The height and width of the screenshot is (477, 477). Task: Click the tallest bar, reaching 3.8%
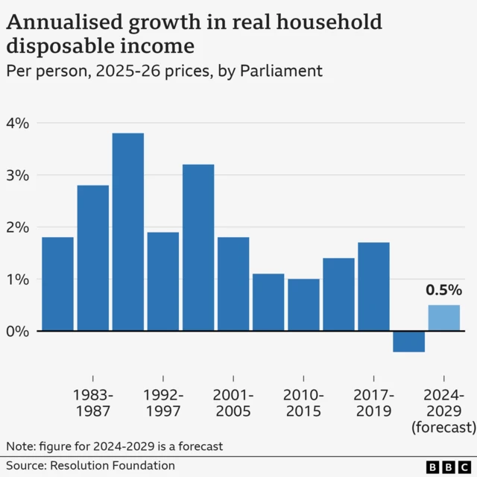127,231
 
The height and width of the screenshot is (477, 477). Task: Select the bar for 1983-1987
92,257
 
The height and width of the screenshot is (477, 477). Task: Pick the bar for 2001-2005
233,283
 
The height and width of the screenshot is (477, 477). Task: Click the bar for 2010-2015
303,304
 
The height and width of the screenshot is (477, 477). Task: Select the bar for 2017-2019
373,286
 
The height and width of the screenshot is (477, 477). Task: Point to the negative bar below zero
408,341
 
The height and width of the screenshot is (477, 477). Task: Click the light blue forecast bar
443,318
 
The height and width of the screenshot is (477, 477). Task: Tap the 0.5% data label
443,290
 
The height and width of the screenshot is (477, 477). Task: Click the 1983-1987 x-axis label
92,402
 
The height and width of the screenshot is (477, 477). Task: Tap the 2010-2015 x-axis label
303,402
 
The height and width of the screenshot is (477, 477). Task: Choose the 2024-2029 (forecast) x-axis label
443,411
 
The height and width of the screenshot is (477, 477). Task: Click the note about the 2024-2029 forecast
115,446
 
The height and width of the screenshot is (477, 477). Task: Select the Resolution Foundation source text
113,466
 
